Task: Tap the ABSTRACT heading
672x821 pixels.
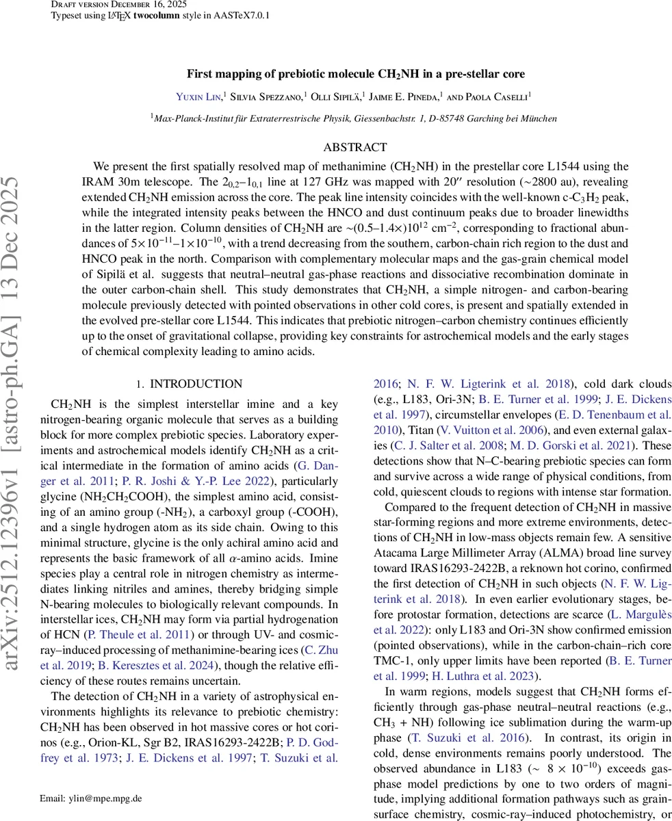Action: coord(355,148)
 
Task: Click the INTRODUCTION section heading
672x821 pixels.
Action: coord(196,385)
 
